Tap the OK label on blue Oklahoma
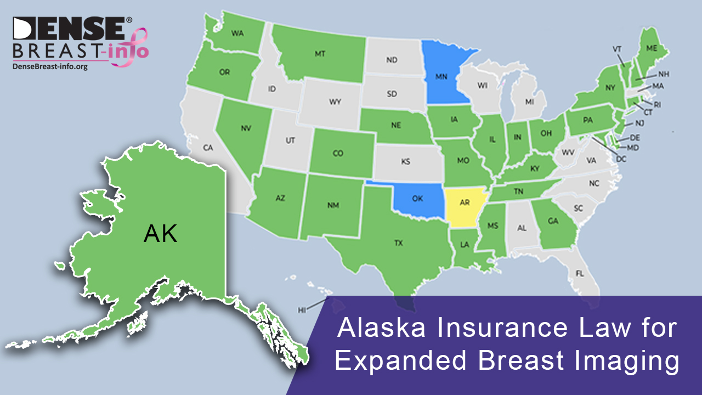tap(417, 199)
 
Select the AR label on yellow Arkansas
tap(465, 202)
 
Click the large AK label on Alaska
tap(160, 234)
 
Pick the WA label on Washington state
tap(237, 33)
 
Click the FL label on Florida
tap(580, 273)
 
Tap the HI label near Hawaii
tap(302, 310)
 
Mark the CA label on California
tap(208, 148)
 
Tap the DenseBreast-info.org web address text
tap(50, 66)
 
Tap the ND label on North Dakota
tap(392, 60)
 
